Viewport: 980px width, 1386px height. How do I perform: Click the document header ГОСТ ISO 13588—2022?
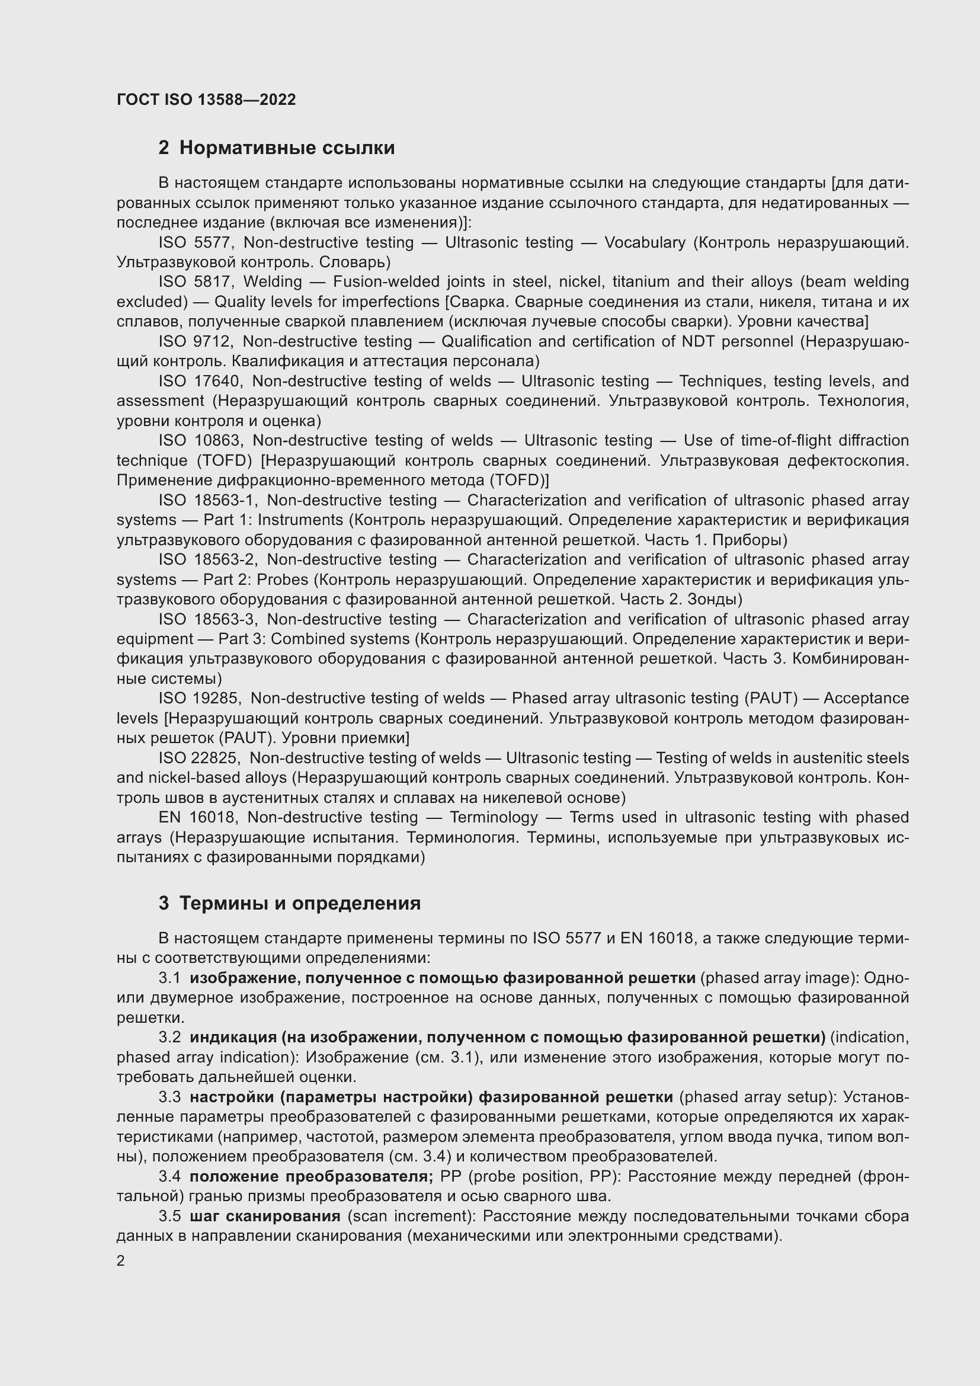(x=206, y=100)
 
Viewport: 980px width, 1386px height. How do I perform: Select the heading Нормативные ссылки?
(x=287, y=148)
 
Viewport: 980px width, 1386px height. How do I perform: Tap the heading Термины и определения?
(x=300, y=904)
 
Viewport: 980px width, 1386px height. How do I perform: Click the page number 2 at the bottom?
(x=121, y=1261)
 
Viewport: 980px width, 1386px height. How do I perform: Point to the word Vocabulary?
(x=645, y=243)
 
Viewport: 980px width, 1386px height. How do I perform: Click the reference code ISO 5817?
(x=196, y=282)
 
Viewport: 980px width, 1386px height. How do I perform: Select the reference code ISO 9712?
(x=195, y=342)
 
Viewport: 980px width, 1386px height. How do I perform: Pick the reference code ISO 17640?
(x=200, y=382)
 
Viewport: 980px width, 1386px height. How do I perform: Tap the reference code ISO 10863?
(x=200, y=441)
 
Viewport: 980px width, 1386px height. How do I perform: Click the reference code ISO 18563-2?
(x=208, y=559)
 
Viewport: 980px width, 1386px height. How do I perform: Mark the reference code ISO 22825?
(x=199, y=758)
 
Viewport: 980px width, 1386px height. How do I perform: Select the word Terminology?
(x=494, y=817)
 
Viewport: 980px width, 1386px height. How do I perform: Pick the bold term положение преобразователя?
(x=312, y=1177)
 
